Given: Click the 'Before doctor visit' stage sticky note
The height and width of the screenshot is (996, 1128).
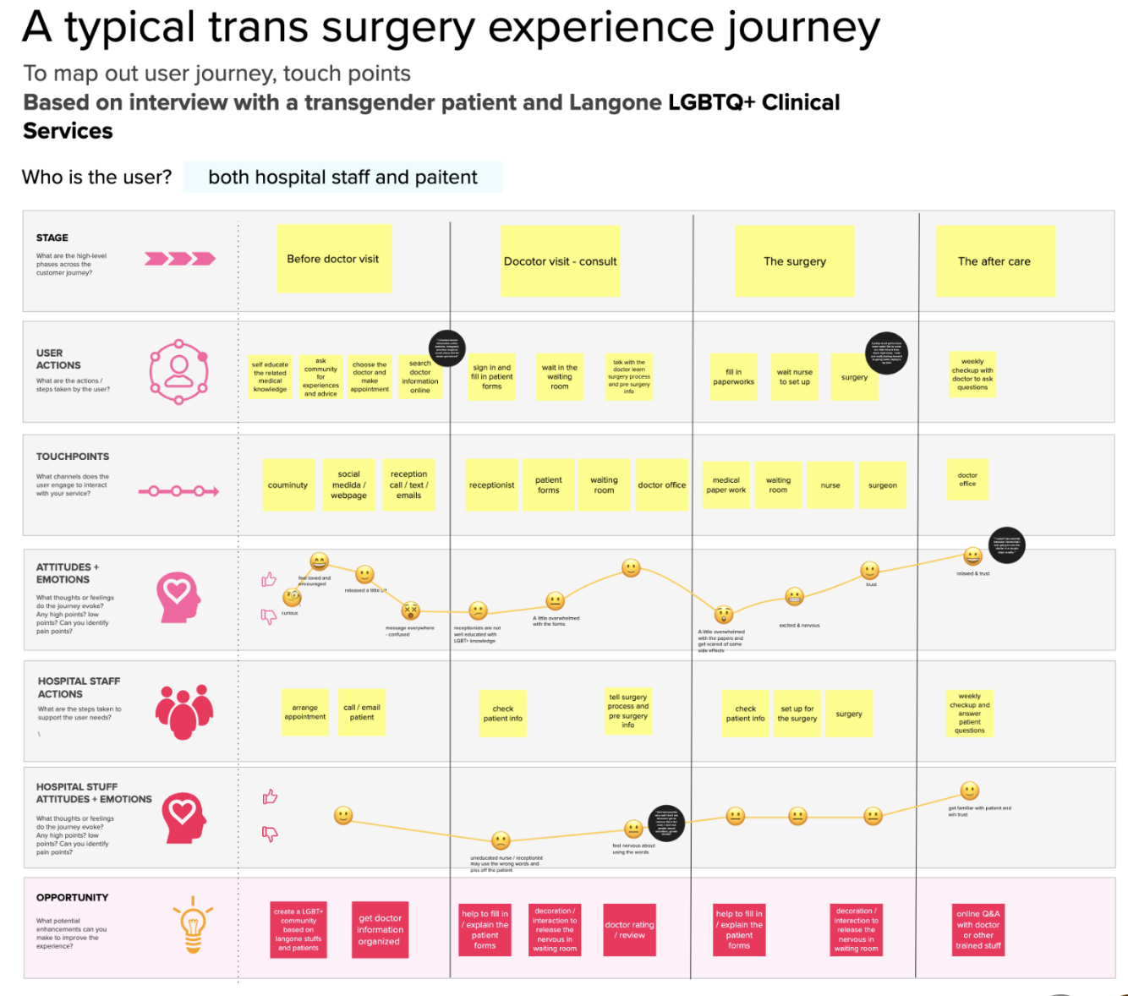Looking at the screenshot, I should (333, 259).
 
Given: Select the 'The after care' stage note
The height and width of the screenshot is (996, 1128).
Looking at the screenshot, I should (994, 261).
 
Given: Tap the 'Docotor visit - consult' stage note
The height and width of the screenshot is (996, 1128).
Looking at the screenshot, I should (560, 261).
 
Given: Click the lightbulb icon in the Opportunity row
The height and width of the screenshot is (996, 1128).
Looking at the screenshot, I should (193, 924).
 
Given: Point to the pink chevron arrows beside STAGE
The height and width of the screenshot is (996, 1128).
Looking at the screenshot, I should (179, 259).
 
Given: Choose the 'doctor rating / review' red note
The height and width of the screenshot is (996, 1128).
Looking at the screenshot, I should (630, 930).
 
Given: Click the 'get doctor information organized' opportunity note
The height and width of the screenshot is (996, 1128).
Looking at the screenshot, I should (380, 930).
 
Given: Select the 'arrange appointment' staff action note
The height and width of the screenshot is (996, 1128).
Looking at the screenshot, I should (304, 713).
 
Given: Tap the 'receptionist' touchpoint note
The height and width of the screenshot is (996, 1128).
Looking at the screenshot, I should (491, 485).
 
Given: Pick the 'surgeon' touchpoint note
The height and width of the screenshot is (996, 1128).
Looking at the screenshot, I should (882, 485).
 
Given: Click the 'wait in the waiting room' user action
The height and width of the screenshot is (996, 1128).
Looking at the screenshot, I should (560, 377).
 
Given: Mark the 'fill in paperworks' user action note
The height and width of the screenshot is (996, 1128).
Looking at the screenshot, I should (733, 377).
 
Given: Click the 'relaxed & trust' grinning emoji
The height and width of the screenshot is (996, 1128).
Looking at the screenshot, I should (973, 556).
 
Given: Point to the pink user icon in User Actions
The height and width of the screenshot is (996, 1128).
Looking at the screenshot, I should (178, 371).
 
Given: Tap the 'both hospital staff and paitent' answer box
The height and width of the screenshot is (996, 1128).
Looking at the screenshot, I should (342, 178).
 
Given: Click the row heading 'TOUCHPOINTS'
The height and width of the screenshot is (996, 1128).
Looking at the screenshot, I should (73, 457).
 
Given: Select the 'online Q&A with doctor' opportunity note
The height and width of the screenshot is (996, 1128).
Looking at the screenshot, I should (978, 929).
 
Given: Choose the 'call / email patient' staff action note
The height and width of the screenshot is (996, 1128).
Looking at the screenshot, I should (362, 713).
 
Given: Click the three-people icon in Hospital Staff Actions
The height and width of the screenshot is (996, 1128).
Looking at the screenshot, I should (183, 711).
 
